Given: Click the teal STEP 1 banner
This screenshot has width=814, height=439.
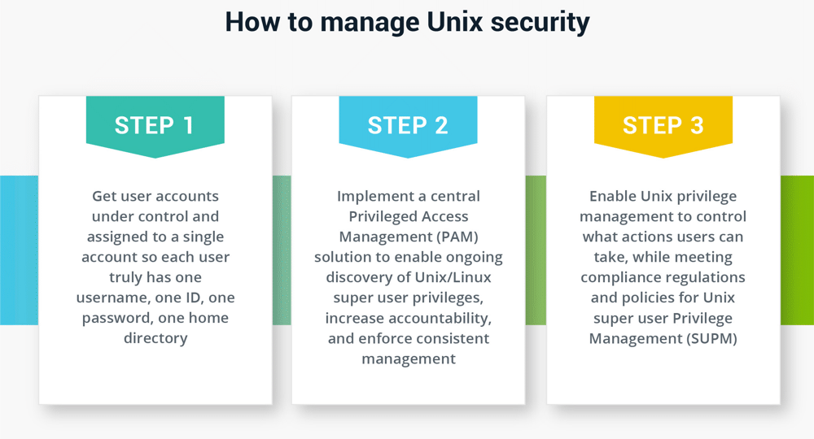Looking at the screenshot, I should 155,125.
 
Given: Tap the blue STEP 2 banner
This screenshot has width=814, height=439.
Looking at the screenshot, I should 408,125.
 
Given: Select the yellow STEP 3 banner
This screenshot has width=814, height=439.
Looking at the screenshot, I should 663,125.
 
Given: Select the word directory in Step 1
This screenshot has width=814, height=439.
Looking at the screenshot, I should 155,338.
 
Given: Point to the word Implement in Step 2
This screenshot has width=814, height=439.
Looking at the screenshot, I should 372,196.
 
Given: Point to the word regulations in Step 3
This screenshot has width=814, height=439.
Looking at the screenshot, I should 707,277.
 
